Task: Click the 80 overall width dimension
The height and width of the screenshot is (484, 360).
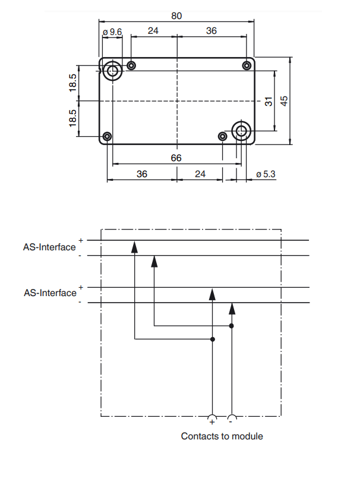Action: [176, 15]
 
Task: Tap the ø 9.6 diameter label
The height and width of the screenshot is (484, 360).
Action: [112, 32]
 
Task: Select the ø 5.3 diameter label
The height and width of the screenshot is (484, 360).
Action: [266, 174]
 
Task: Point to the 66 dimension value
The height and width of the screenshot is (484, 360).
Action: [176, 158]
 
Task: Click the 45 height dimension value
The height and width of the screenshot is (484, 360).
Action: [284, 101]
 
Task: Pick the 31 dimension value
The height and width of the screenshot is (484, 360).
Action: [269, 101]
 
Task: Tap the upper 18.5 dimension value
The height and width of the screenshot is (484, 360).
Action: [73, 83]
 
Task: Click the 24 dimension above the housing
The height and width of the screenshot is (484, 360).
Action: [153, 30]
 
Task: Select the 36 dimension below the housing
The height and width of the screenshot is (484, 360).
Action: [142, 174]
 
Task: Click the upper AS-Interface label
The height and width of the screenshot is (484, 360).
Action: [49, 247]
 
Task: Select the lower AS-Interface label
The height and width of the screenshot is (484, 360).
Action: [50, 293]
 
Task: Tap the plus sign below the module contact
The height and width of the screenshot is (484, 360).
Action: [212, 422]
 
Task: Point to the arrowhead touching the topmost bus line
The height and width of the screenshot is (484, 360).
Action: [134, 247]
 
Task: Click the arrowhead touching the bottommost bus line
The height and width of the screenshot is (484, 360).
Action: [232, 309]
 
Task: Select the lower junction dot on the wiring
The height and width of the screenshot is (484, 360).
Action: [213, 340]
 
